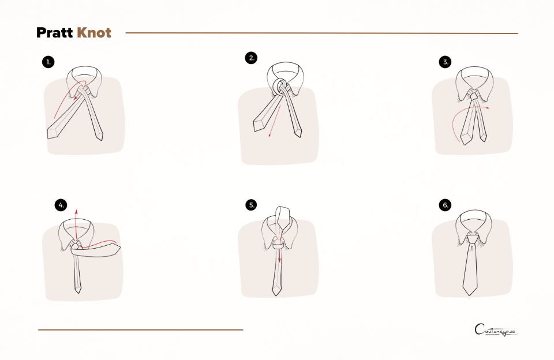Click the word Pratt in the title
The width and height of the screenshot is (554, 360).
click(55, 33)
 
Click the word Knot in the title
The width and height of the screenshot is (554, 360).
click(93, 33)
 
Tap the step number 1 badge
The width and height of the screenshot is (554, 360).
click(49, 62)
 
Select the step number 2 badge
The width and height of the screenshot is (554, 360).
click(250, 58)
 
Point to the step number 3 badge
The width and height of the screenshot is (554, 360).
click(445, 62)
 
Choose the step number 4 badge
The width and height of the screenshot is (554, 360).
click(62, 205)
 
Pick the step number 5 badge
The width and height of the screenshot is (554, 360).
click(251, 205)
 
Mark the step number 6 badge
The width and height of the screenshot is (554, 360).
click(445, 205)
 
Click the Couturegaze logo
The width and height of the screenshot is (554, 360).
click(496, 330)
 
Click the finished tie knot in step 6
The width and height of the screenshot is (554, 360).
click(472, 238)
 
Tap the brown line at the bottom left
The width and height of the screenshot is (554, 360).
click(140, 330)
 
